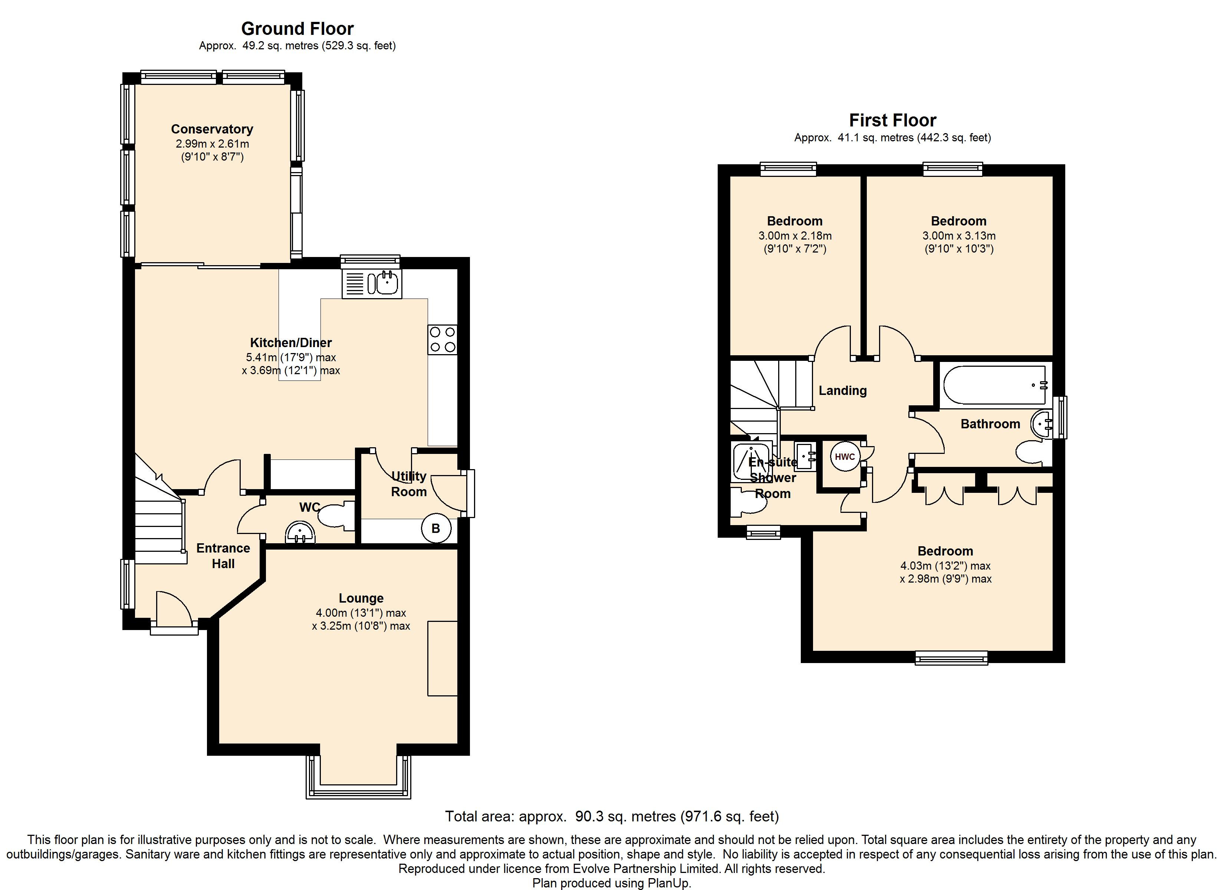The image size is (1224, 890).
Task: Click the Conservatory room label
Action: pyautogui.click(x=212, y=129)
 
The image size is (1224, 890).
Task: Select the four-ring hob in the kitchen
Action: pyautogui.click(x=442, y=339)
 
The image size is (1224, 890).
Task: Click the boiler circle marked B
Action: pyautogui.click(x=435, y=528)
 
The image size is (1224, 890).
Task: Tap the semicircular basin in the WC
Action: pyautogui.click(x=300, y=532)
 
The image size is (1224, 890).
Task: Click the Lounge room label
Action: pyautogui.click(x=361, y=598)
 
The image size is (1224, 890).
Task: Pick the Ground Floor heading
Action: pyautogui.click(x=297, y=28)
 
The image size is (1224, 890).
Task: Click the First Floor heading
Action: pyautogui.click(x=893, y=120)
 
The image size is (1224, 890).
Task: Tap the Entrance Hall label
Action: pyautogui.click(x=223, y=556)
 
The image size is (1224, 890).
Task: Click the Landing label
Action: pyautogui.click(x=842, y=390)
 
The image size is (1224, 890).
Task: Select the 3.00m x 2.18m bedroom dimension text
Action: pyautogui.click(x=795, y=236)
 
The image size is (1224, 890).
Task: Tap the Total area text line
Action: pyautogui.click(x=612, y=816)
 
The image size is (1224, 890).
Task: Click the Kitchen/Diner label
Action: pyautogui.click(x=291, y=342)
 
